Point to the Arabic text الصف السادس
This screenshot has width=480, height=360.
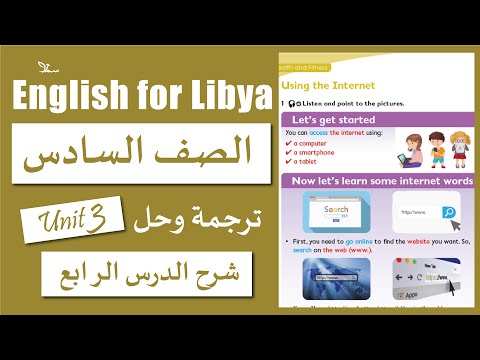(x=140, y=154)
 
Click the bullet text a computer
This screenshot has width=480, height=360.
(x=311, y=143)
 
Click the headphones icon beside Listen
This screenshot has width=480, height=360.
(x=293, y=104)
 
